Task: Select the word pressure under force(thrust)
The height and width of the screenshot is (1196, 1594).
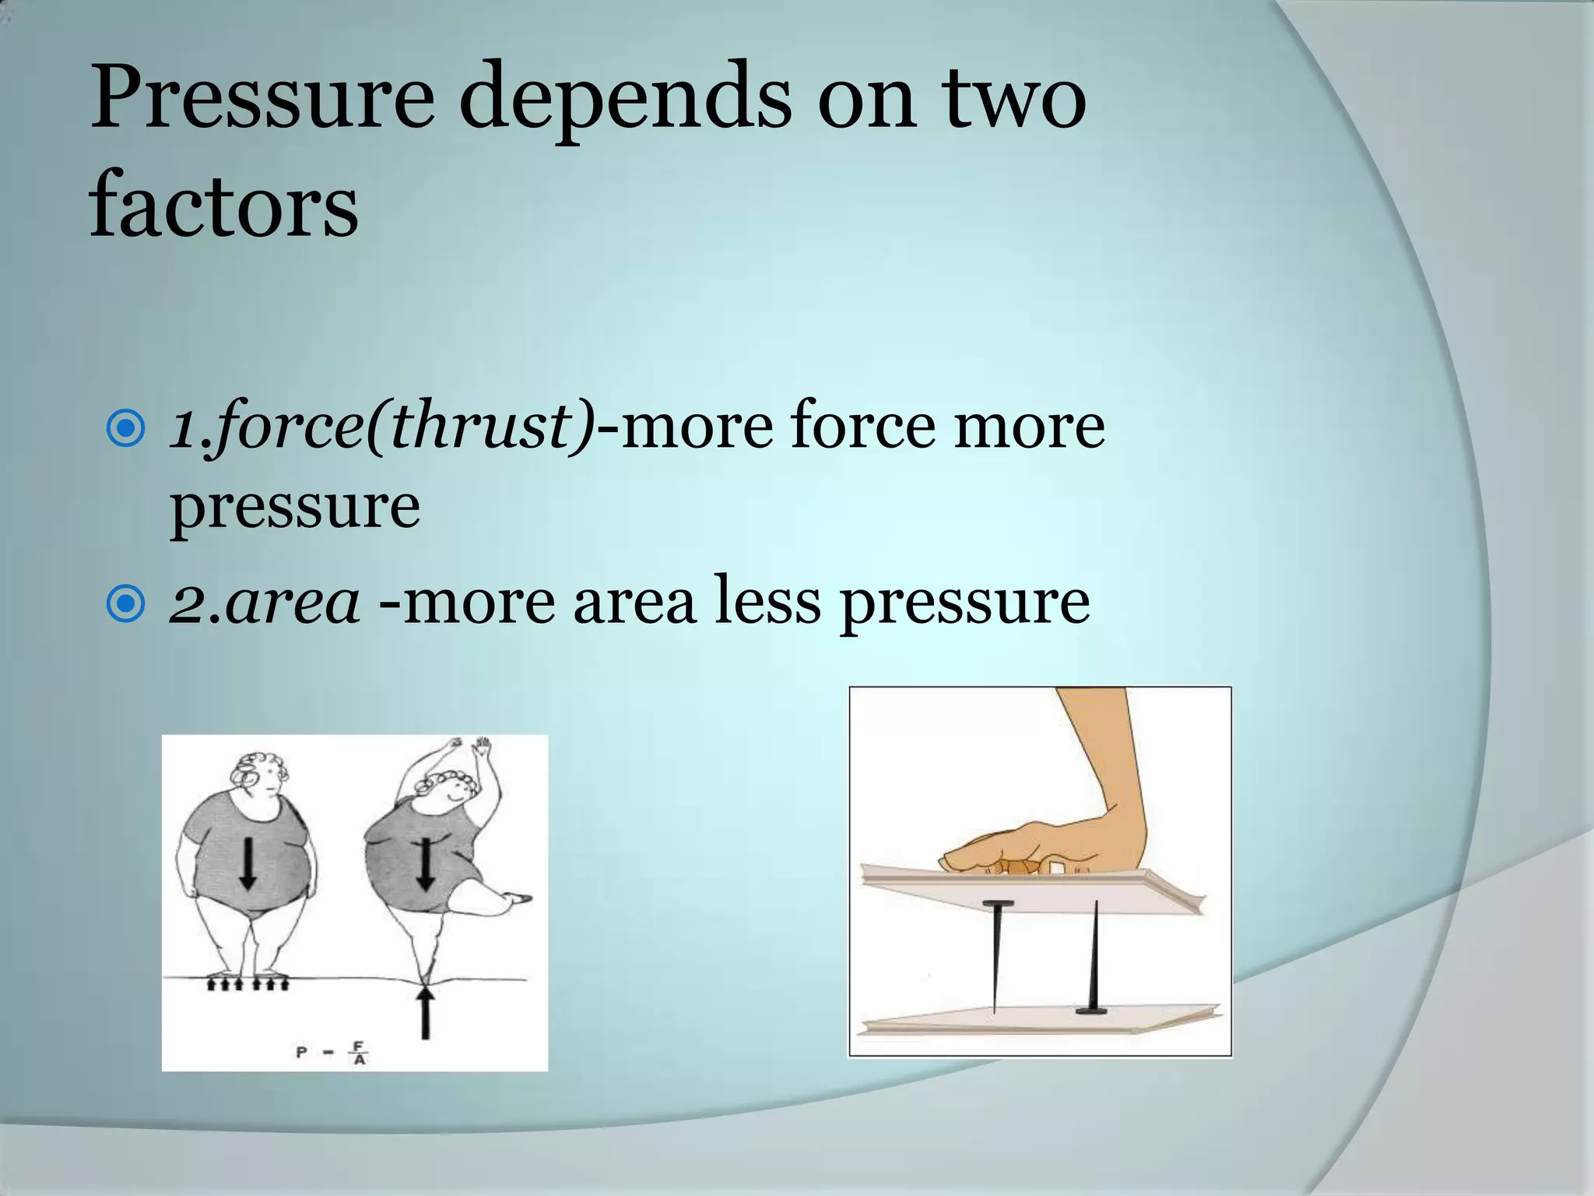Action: tap(296, 506)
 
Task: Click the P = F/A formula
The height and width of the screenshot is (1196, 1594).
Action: tap(332, 1053)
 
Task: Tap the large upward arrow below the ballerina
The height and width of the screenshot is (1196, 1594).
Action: tap(425, 1012)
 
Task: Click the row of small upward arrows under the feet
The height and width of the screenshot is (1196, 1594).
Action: tap(248, 985)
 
